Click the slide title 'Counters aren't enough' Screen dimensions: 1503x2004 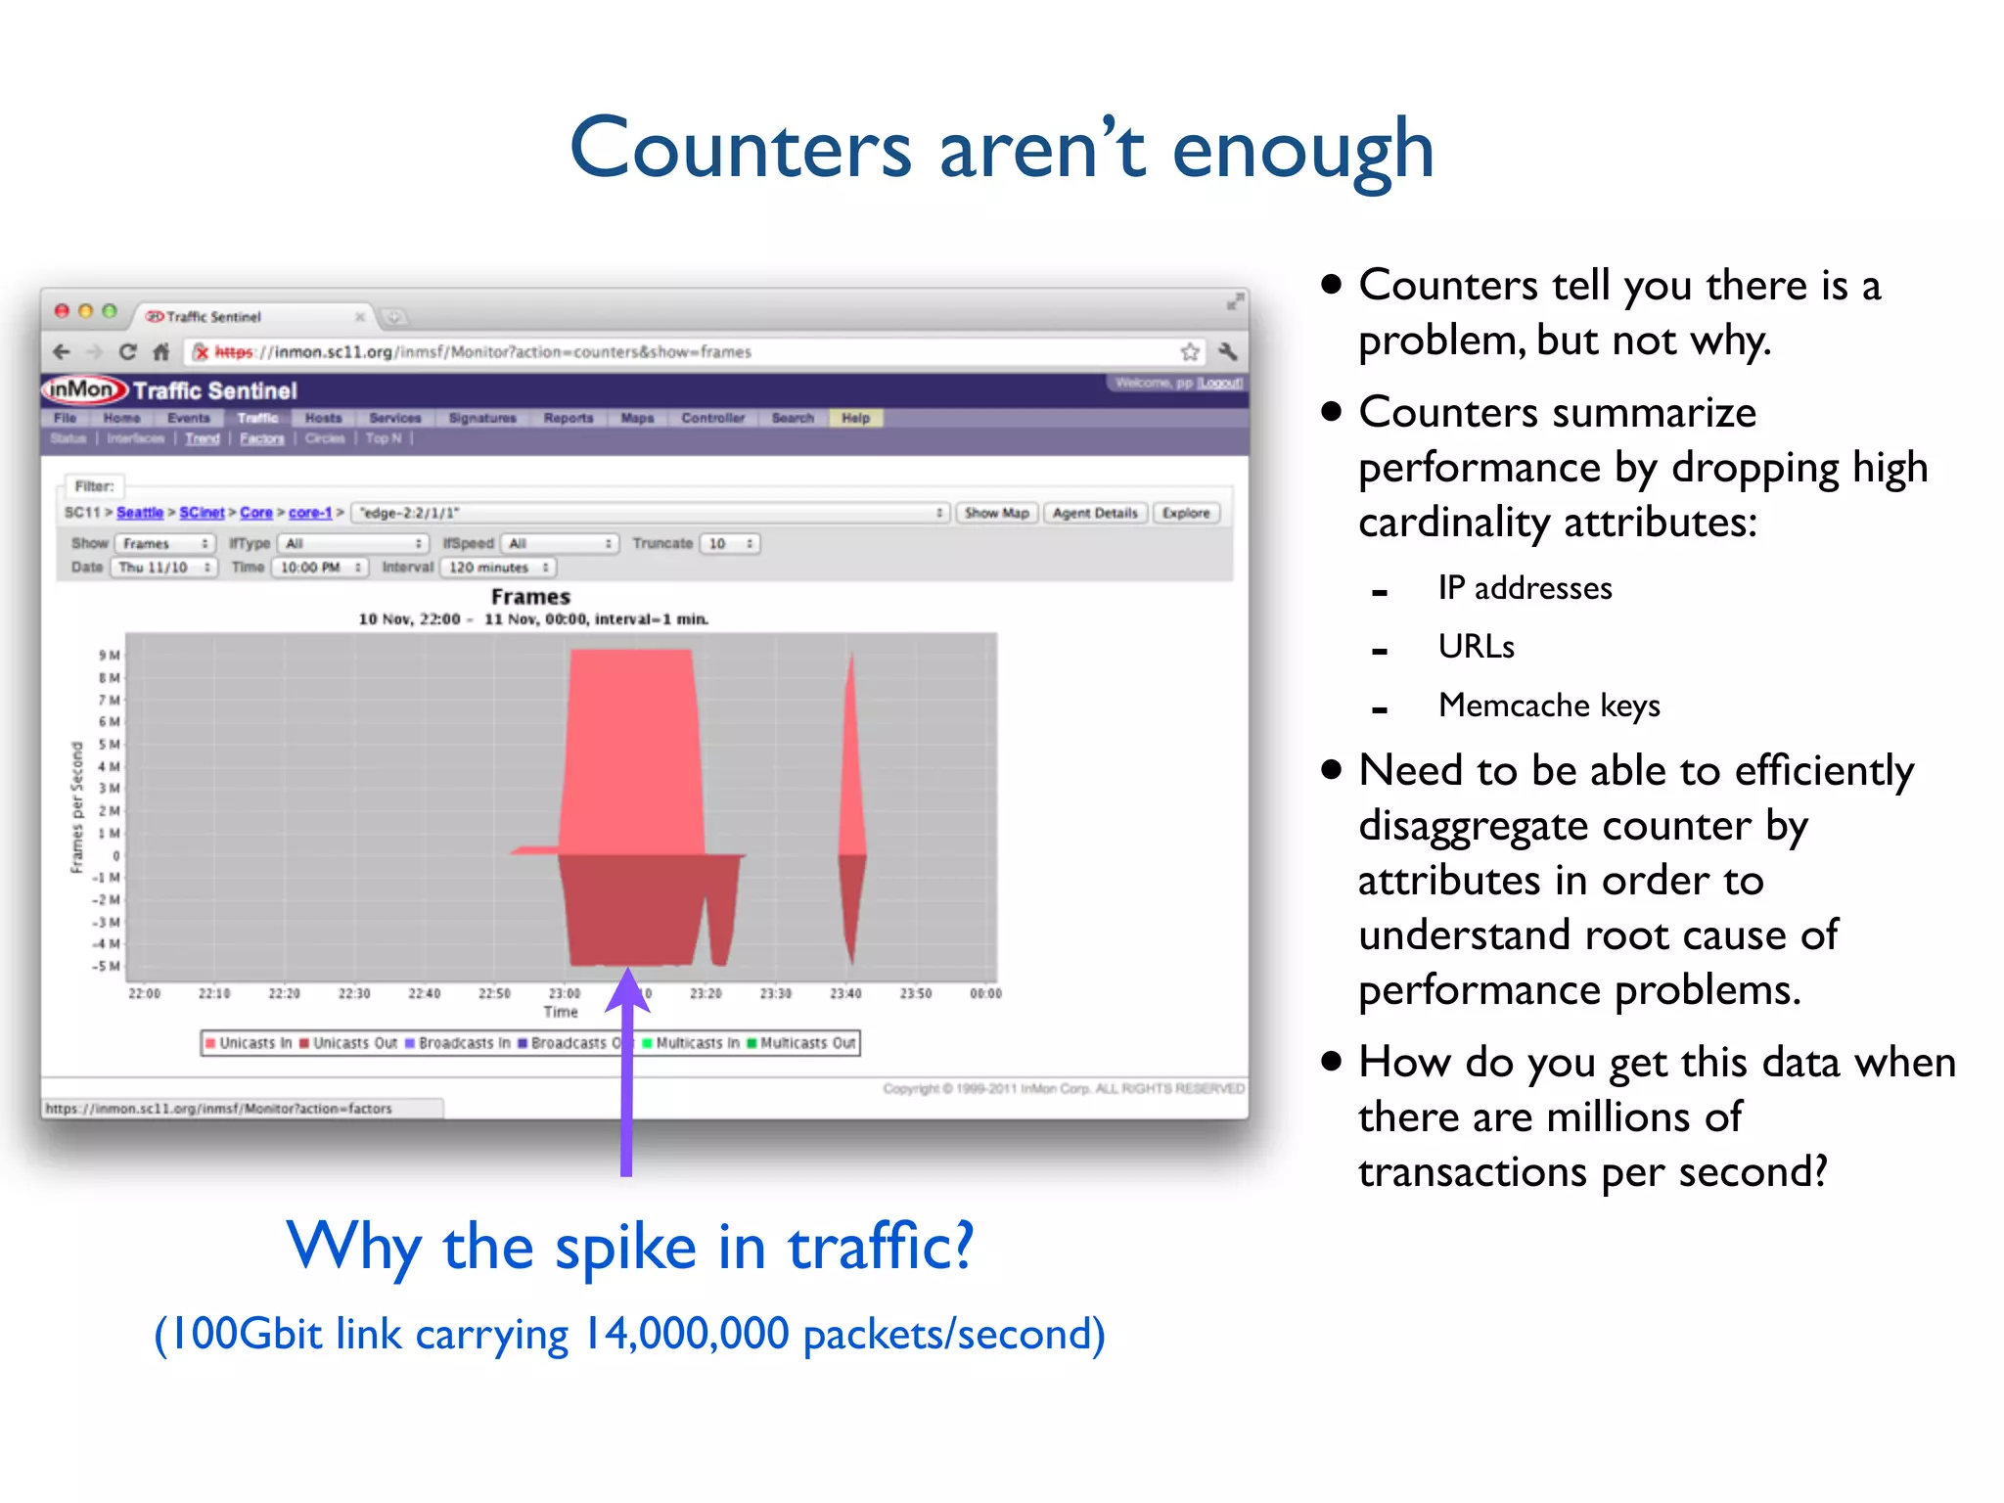pyautogui.click(x=1002, y=149)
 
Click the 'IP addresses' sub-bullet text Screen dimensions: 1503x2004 pyautogui.click(x=1524, y=588)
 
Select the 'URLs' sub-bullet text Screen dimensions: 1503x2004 pyautogui.click(x=1476, y=647)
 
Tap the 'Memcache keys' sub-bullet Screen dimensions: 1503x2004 pyautogui.click(x=1548, y=706)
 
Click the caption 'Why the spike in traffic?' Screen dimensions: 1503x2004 pyautogui.click(x=629, y=1247)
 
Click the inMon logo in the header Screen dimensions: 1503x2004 pyautogui.click(x=84, y=389)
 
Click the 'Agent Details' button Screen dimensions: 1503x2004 pyautogui.click(x=1095, y=513)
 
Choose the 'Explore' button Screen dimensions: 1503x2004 pyautogui.click(x=1186, y=513)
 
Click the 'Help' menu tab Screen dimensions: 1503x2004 pyautogui.click(x=855, y=418)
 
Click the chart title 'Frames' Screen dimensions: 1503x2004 pyautogui.click(x=530, y=597)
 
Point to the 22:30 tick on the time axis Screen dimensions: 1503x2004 pyautogui.click(x=354, y=993)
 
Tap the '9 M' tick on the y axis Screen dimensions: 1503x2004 pyautogui.click(x=109, y=655)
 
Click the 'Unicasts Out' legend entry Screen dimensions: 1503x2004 pyautogui.click(x=347, y=1043)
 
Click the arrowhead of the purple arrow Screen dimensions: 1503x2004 pyautogui.click(x=627, y=988)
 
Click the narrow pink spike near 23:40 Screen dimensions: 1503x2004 pyautogui.click(x=851, y=763)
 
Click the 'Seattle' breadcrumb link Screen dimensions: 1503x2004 pyautogui.click(x=140, y=513)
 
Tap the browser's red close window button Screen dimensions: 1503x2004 pyautogui.click(x=62, y=311)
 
